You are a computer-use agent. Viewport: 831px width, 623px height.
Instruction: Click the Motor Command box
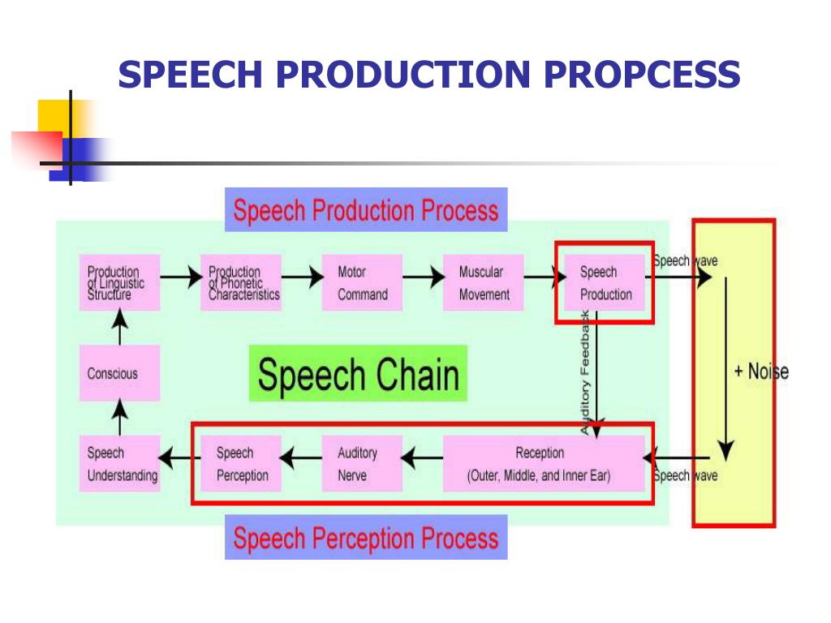[363, 282]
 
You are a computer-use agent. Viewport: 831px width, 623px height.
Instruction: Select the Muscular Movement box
[484, 282]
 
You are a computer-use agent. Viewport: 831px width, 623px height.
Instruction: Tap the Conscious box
[120, 373]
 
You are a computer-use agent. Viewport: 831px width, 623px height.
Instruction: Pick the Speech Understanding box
[120, 463]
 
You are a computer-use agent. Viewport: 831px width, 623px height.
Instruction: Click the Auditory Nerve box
[363, 463]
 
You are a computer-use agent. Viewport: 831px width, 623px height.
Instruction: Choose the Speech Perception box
[241, 463]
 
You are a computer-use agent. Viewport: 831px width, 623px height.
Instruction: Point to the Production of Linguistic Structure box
[120, 282]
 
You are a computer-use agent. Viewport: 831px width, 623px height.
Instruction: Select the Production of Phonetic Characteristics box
[241, 282]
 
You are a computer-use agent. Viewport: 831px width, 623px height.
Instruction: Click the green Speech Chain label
[358, 373]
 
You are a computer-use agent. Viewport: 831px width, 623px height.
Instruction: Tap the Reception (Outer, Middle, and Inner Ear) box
[545, 463]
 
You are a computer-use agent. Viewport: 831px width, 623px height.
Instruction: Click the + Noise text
[761, 372]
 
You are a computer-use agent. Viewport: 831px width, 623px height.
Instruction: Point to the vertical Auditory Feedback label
[584, 373]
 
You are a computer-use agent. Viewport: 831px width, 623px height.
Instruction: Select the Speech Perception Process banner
[366, 537]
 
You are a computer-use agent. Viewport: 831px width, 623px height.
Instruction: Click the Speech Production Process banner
[366, 210]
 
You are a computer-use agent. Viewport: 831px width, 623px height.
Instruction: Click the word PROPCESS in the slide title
[642, 74]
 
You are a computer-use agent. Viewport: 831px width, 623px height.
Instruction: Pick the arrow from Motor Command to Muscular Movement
[424, 277]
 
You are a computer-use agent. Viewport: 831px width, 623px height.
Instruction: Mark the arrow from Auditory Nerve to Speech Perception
[301, 458]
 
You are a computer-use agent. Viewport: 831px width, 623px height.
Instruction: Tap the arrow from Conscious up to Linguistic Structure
[120, 328]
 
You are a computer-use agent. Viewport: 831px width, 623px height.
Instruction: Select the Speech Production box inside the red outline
[605, 282]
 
